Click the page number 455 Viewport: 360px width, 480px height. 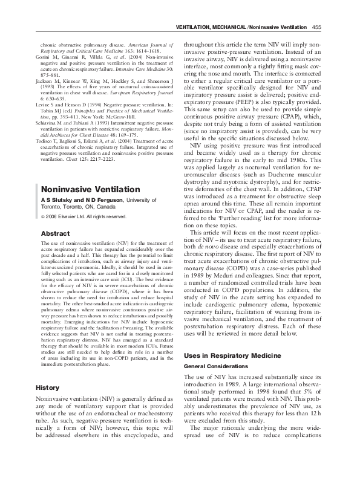(316, 27)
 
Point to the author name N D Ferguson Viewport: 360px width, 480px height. (88, 200)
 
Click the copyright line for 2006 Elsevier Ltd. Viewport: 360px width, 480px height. (76, 216)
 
